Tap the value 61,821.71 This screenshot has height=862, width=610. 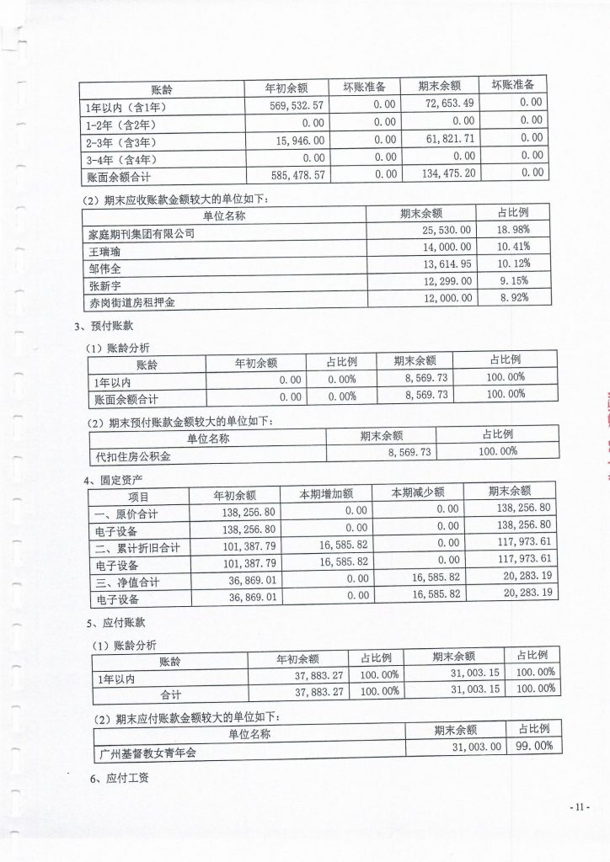click(430, 141)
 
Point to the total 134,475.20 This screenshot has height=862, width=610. click(427, 175)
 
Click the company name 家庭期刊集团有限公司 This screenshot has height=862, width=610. click(142, 233)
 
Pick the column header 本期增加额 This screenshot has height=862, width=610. click(326, 492)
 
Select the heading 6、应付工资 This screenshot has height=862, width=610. click(119, 779)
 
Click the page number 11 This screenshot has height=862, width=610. click(579, 807)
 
